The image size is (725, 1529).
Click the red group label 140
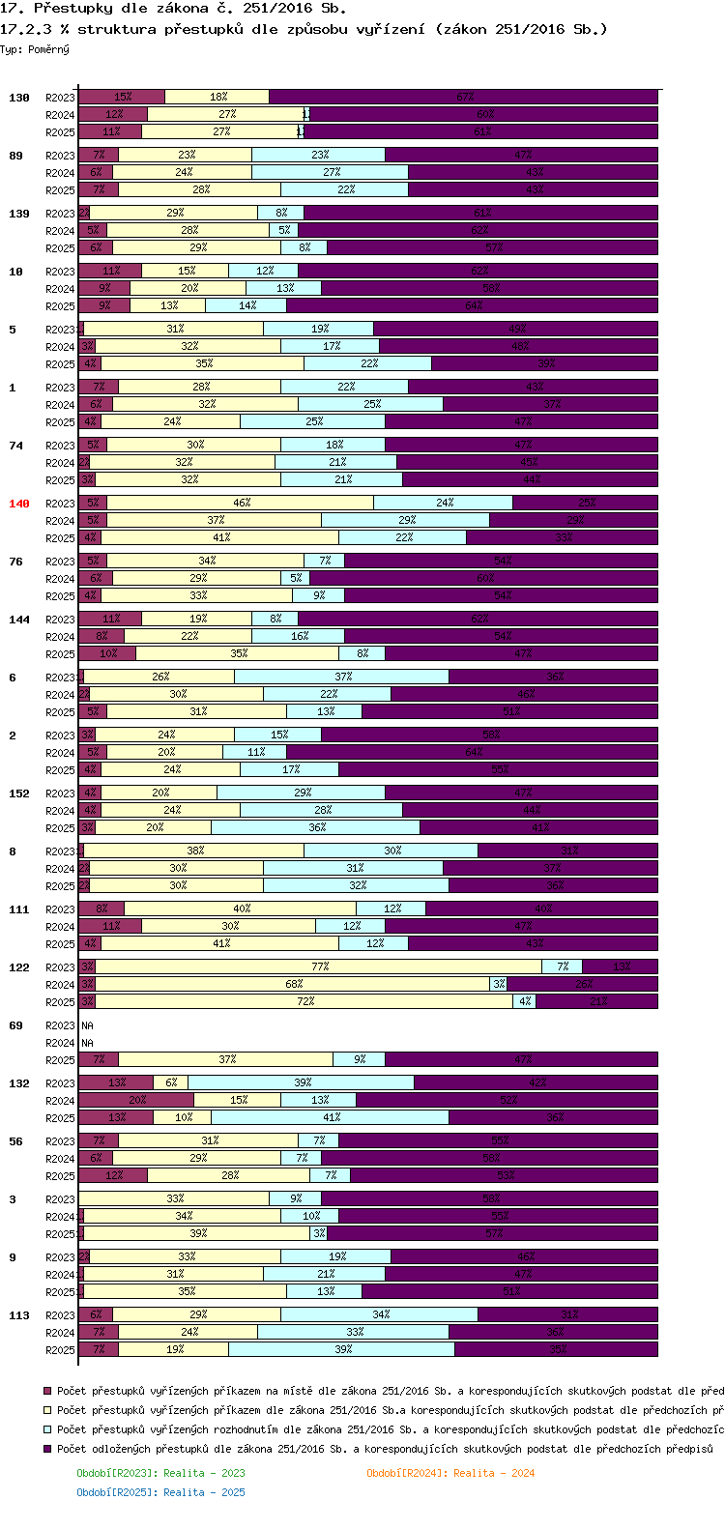(x=19, y=504)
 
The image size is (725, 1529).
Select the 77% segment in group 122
(x=319, y=966)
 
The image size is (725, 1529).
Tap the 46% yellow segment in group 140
(x=241, y=503)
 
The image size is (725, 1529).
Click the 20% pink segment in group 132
(x=136, y=1100)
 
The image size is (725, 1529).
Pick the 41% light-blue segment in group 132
(x=331, y=1117)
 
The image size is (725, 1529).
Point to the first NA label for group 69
(x=87, y=1025)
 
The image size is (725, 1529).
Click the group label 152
(x=19, y=793)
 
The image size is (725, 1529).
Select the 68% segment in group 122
(x=293, y=984)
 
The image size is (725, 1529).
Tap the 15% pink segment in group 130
(x=122, y=97)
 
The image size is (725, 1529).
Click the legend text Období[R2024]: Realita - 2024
(x=450, y=1473)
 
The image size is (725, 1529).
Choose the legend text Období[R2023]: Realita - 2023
(x=160, y=1473)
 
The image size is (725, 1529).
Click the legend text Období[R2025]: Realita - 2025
(x=160, y=1492)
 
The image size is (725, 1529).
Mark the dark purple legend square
(x=47, y=1449)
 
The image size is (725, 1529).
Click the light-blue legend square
(x=47, y=1429)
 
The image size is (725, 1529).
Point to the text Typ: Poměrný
(x=35, y=49)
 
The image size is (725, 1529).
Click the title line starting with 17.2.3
(x=304, y=29)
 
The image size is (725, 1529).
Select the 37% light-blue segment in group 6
(x=342, y=677)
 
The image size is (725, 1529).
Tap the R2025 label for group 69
(x=60, y=1060)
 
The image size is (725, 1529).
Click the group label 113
(x=19, y=1315)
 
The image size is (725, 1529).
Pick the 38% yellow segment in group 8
(x=194, y=851)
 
